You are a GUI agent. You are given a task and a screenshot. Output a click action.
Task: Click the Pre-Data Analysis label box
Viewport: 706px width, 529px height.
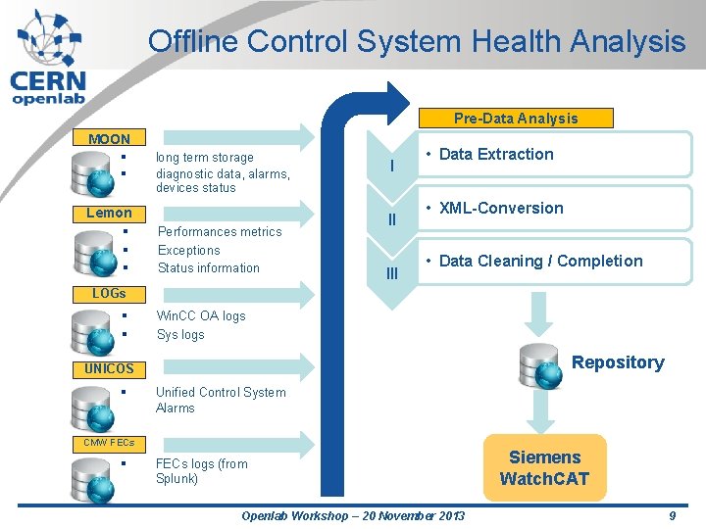tap(516, 119)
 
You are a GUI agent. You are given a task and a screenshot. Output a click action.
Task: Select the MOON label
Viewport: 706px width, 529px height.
tap(109, 139)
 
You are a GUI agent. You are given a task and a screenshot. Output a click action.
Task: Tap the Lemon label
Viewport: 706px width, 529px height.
tap(109, 213)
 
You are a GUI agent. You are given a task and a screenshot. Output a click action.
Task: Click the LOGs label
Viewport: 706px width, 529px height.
tap(109, 293)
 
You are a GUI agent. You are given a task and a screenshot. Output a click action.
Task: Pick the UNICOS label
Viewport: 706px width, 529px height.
tap(109, 369)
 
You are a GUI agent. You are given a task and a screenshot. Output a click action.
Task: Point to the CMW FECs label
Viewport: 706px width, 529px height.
tap(109, 443)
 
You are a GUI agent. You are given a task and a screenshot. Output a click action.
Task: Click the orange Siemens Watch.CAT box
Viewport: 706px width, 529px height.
tap(544, 467)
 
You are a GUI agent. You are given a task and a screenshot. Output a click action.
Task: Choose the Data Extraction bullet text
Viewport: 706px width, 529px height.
tap(496, 154)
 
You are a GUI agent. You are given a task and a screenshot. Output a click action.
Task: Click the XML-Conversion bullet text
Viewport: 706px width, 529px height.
tap(501, 208)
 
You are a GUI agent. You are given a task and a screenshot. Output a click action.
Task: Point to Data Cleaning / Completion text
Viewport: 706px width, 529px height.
tap(540, 261)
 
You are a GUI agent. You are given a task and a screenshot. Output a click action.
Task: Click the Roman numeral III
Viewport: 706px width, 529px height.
tap(392, 273)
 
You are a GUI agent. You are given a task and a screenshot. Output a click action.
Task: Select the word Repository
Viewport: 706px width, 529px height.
tap(618, 362)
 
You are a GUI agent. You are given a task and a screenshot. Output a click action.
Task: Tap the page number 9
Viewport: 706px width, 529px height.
tap(672, 515)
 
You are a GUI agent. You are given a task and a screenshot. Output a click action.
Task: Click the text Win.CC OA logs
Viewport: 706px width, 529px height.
tap(201, 315)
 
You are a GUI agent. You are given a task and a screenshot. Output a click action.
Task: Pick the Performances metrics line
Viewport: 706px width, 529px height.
tap(220, 232)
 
